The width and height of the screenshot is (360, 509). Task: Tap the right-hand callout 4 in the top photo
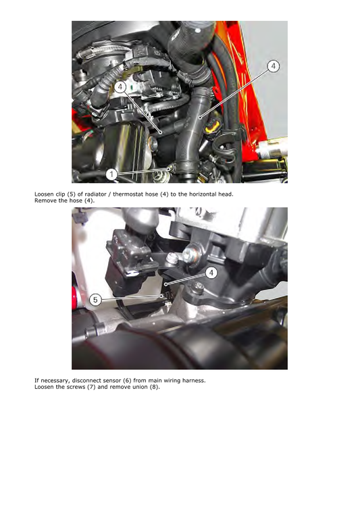pos(272,66)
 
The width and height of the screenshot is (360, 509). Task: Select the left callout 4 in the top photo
pos(120,87)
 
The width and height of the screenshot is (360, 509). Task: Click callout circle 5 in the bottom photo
pos(96,299)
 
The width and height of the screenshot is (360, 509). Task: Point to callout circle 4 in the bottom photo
pos(211,273)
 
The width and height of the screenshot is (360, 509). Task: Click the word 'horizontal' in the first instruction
pos(205,194)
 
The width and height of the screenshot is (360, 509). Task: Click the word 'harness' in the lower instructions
pos(192,380)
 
